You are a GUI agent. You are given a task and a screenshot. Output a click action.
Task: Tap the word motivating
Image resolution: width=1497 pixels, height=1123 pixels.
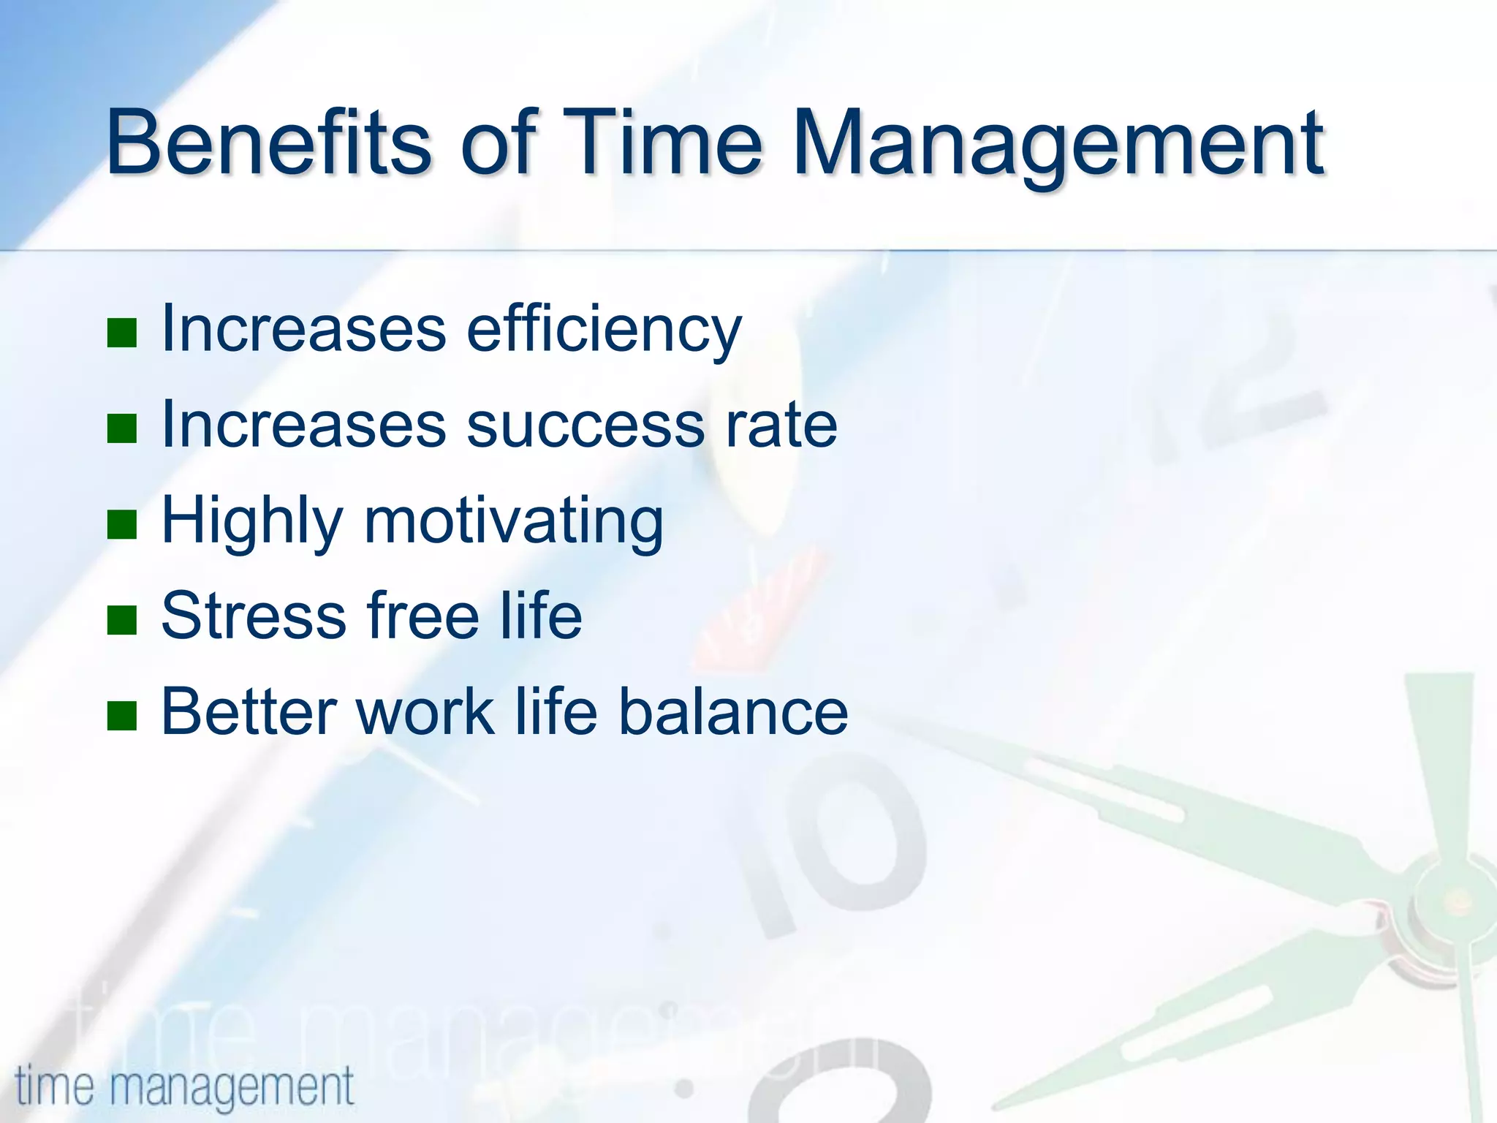514,522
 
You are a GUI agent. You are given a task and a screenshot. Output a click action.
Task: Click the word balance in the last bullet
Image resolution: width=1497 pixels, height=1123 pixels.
733,712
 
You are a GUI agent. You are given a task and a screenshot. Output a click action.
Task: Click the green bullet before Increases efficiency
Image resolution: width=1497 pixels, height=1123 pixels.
122,333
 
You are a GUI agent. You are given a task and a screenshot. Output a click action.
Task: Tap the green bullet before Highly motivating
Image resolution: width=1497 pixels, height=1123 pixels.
122,524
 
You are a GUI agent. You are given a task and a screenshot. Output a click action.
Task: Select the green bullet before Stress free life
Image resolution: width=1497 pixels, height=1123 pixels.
122,620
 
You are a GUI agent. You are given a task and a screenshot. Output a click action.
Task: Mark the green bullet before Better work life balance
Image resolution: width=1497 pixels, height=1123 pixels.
122,716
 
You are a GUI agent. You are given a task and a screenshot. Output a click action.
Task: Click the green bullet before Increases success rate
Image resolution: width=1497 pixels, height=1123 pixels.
122,428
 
